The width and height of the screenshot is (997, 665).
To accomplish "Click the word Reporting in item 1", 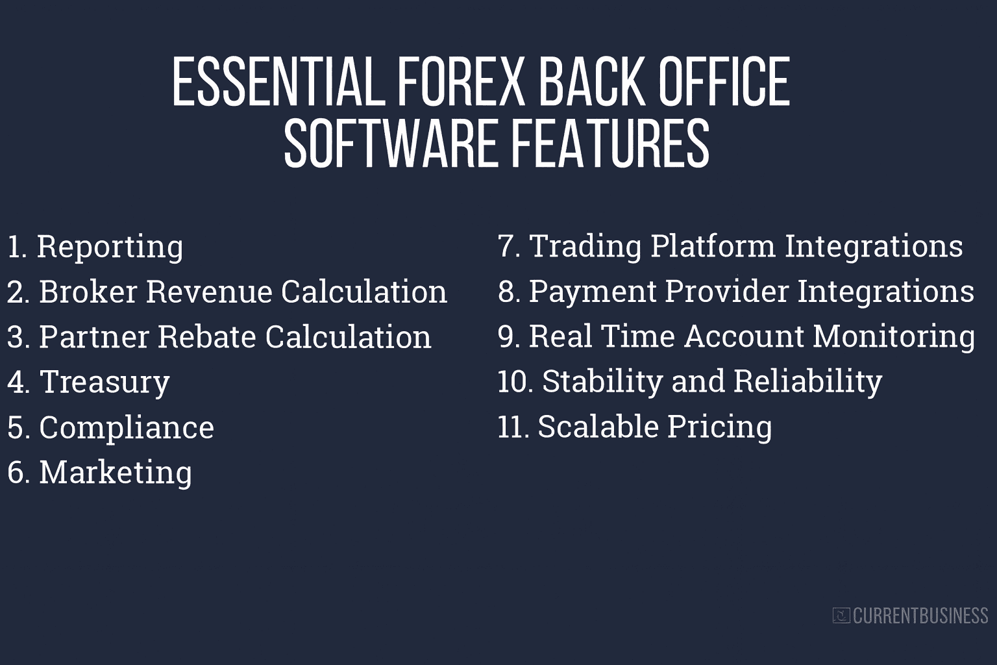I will pos(110,247).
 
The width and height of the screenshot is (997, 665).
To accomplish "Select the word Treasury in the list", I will pos(105,382).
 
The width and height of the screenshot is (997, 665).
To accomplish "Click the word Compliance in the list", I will pos(127,427).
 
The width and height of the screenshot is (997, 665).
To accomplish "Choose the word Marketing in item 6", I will pos(116,472).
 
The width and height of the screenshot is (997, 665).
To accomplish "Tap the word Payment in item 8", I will pos(592,292).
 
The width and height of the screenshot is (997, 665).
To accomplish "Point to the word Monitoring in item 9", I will pos(893,336).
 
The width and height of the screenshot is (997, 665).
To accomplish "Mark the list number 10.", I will pos(514,382).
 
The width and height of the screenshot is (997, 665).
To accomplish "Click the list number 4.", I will pos(18,383).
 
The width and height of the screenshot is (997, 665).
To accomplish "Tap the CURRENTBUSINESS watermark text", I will pos(920,615).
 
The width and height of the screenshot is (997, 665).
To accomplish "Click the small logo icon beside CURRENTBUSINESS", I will pos(841,615).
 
